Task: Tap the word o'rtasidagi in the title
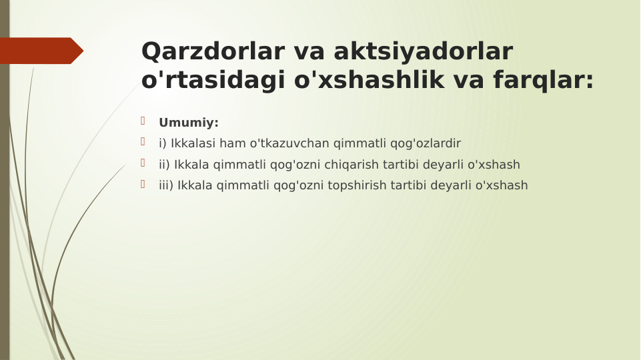(x=213, y=80)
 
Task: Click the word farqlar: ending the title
(x=543, y=80)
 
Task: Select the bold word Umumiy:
(x=189, y=123)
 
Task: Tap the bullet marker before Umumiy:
(x=143, y=121)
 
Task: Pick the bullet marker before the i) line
(x=143, y=142)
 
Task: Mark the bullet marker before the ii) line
(x=143, y=163)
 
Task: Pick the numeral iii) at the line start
(x=166, y=185)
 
